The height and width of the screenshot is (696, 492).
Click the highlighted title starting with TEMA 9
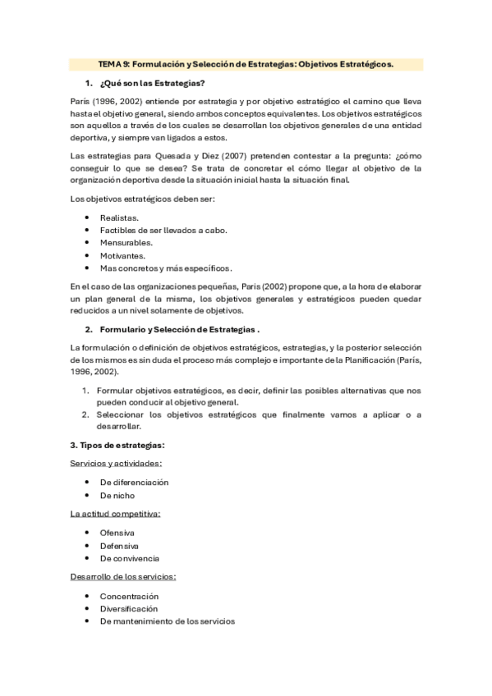(246, 63)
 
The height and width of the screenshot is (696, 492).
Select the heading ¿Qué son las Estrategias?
(152, 85)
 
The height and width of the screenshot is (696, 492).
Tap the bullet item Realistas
(119, 217)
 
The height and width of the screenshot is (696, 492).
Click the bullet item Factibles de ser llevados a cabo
(163, 231)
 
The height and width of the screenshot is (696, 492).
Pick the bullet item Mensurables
(126, 243)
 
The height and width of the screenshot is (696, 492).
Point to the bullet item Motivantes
(122, 255)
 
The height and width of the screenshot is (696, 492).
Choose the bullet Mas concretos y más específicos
(166, 268)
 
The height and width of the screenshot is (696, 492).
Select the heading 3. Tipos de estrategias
(117, 445)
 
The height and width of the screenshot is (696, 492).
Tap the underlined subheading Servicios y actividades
(116, 464)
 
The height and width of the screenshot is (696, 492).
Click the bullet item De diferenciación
(134, 483)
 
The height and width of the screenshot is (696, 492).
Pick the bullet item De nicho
(117, 496)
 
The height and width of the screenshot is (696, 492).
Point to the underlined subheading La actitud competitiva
(115, 514)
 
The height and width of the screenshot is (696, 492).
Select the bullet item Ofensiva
(117, 533)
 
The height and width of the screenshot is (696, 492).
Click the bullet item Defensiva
(119, 546)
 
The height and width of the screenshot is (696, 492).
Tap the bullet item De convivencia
(130, 558)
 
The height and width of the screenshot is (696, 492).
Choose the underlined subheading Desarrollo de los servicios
(123, 577)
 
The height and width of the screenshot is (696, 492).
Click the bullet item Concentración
(129, 596)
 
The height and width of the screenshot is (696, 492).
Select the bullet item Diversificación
(129, 609)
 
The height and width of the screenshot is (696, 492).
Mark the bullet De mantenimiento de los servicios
(167, 621)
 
